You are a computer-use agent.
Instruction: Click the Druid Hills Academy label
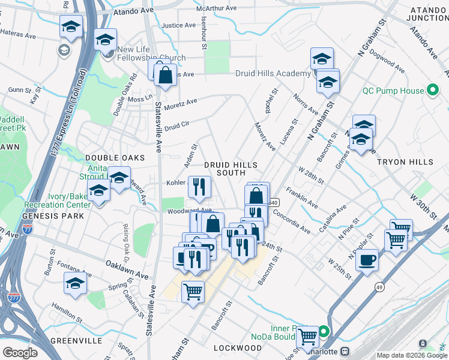(x=273, y=73)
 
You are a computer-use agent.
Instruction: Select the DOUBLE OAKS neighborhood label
(x=115, y=157)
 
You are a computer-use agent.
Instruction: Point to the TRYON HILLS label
(x=405, y=162)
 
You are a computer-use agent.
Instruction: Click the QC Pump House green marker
(x=431, y=91)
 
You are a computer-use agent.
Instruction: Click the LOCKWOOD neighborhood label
(x=238, y=348)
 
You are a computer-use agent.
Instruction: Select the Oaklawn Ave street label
(x=127, y=269)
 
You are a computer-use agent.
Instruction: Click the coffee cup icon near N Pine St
(x=367, y=260)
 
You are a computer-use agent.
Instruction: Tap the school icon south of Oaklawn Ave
(x=76, y=283)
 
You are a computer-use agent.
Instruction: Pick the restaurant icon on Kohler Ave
(x=199, y=187)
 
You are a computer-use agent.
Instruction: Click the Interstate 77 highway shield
(x=27, y=229)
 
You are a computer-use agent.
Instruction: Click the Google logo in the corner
(x=20, y=353)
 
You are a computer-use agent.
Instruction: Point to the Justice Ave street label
(x=179, y=25)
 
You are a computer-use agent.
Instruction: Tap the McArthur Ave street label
(x=220, y=8)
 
